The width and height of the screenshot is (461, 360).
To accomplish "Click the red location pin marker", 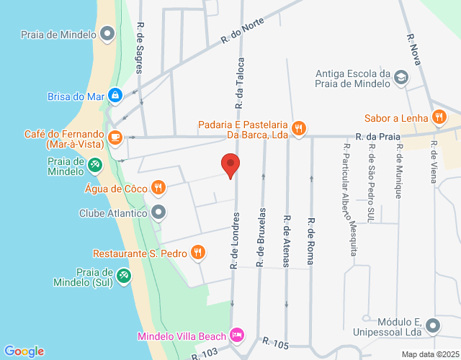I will tap(230, 166).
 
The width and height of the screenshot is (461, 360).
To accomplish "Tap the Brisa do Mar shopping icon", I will tap(115, 94).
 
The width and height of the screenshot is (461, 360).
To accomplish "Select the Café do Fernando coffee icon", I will tap(115, 136).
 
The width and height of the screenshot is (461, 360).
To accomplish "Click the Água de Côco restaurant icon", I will tap(158, 189).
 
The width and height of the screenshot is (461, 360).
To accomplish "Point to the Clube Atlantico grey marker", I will tap(159, 213).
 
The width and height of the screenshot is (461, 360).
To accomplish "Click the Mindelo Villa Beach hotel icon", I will tap(236, 336).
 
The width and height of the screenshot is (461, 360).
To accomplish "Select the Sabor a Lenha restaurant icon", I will tap(438, 118).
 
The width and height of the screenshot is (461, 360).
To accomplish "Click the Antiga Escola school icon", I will tap(401, 78).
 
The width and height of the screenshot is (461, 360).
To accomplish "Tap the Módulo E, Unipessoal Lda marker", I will tap(433, 325).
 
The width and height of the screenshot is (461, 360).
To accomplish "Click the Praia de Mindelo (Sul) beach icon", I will tap(124, 275).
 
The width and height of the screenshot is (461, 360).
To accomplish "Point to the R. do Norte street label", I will tap(243, 31).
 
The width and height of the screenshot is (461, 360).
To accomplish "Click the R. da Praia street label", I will tap(377, 135).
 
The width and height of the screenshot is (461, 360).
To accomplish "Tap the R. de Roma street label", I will tap(311, 242).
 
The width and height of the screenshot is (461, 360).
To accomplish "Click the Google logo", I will tap(24, 351).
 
